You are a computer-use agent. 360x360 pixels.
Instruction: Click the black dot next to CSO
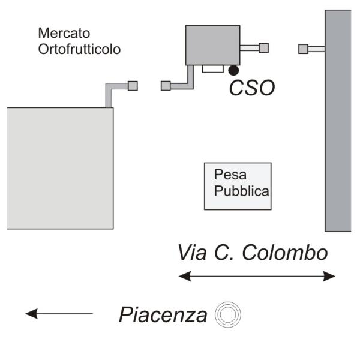(x=233, y=71)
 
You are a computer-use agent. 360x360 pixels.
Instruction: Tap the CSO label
(x=253, y=88)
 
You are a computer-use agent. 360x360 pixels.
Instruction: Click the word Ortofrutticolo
(x=79, y=49)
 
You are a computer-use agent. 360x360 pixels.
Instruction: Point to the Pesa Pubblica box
(x=238, y=186)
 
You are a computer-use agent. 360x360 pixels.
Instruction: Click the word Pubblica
(x=241, y=193)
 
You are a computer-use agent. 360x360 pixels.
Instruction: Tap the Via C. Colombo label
(x=253, y=253)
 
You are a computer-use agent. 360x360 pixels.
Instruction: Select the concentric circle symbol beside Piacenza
(x=228, y=314)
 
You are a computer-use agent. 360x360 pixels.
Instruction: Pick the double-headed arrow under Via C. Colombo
(x=257, y=276)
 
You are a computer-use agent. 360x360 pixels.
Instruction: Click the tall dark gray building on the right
(x=338, y=120)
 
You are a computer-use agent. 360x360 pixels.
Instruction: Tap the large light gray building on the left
(x=60, y=168)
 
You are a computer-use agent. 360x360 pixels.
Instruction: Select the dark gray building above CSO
(x=212, y=45)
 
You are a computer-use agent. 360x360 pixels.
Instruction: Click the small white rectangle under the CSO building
(x=212, y=68)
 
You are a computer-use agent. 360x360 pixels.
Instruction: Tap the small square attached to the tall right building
(x=304, y=49)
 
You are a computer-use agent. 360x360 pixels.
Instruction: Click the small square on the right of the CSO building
(x=263, y=48)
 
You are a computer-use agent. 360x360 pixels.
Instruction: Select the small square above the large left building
(x=133, y=86)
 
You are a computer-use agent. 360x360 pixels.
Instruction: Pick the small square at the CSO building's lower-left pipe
(x=166, y=86)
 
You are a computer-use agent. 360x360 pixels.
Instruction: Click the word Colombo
(x=289, y=253)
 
